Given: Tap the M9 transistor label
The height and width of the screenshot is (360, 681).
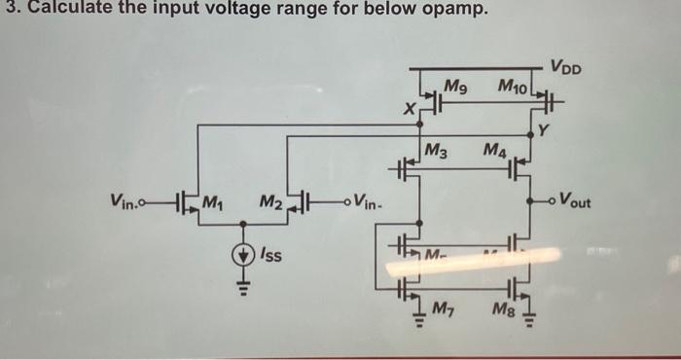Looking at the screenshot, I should pyautogui.click(x=455, y=87).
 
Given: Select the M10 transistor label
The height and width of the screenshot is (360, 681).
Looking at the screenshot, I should pyautogui.click(x=512, y=88).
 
